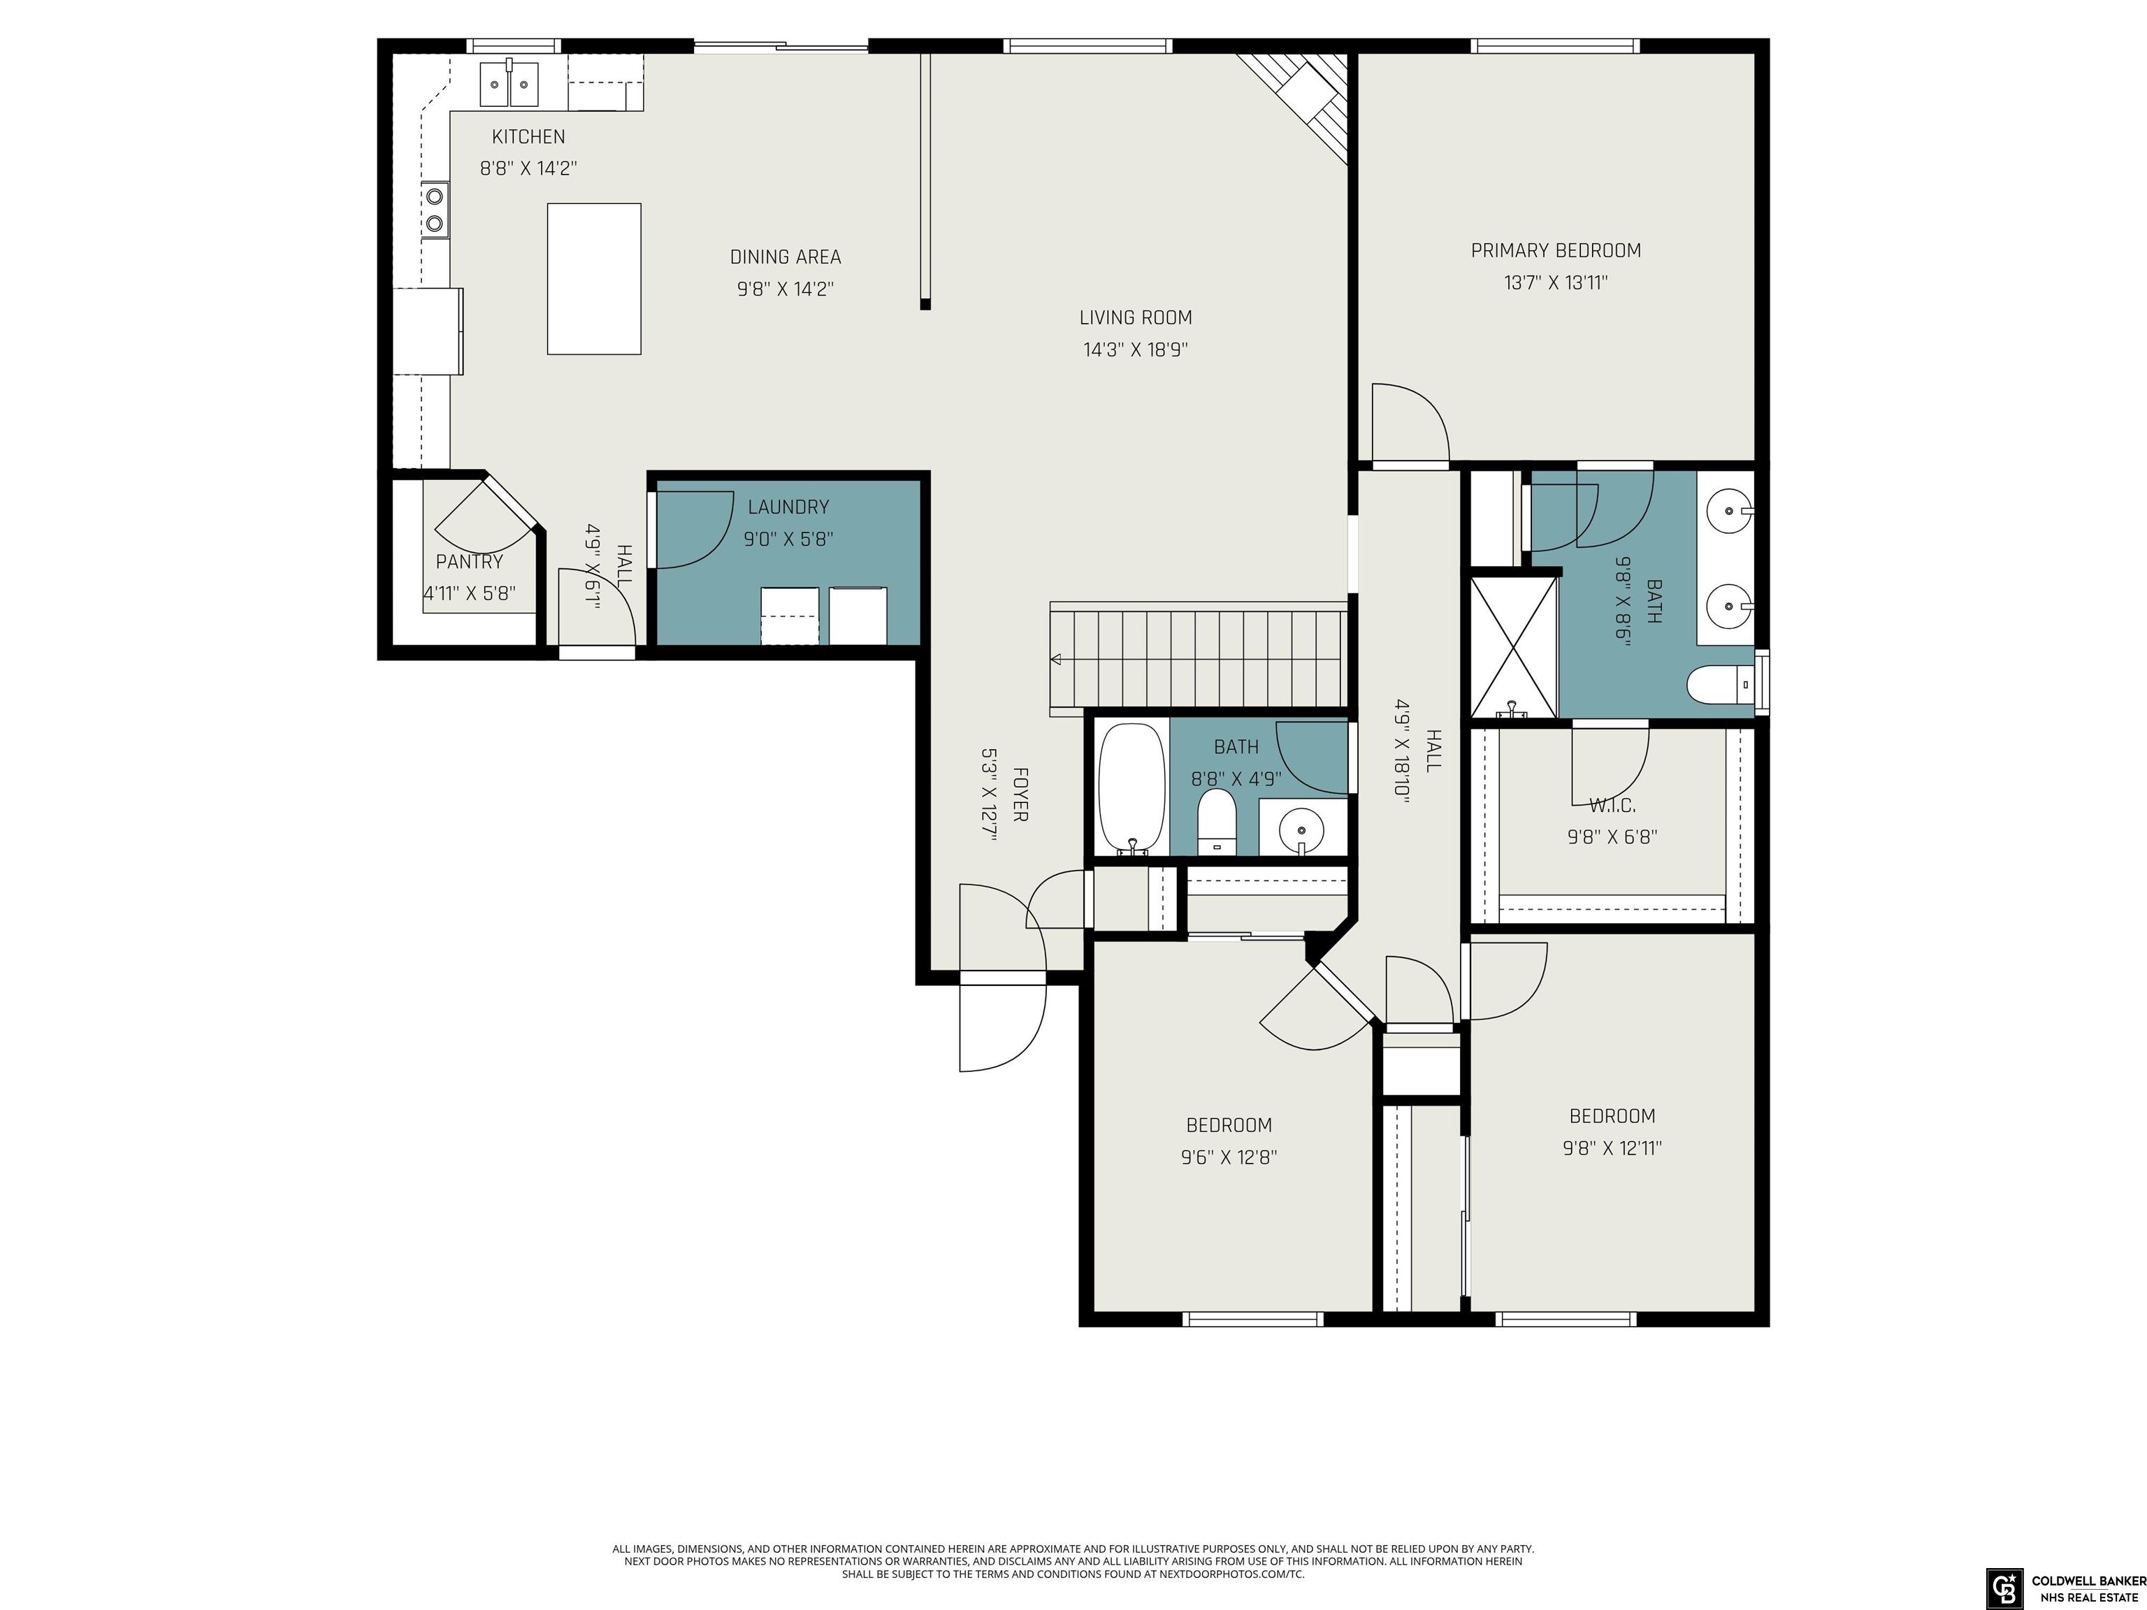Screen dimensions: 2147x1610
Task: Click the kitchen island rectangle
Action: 594,279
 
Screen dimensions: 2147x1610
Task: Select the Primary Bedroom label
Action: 1556,250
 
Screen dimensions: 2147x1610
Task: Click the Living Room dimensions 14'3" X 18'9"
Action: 1136,349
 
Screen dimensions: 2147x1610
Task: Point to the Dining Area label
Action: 786,257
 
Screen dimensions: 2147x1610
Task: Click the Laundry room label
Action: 788,507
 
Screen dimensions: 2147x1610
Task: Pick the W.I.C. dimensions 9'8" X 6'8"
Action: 1612,836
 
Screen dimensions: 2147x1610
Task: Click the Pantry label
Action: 470,562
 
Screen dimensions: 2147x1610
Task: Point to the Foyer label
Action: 1020,795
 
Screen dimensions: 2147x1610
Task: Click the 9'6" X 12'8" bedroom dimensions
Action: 1229,1156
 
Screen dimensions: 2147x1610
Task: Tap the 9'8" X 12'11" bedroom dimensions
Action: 1612,1148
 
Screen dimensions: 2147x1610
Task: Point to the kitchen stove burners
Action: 435,210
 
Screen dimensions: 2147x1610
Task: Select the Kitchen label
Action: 528,137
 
